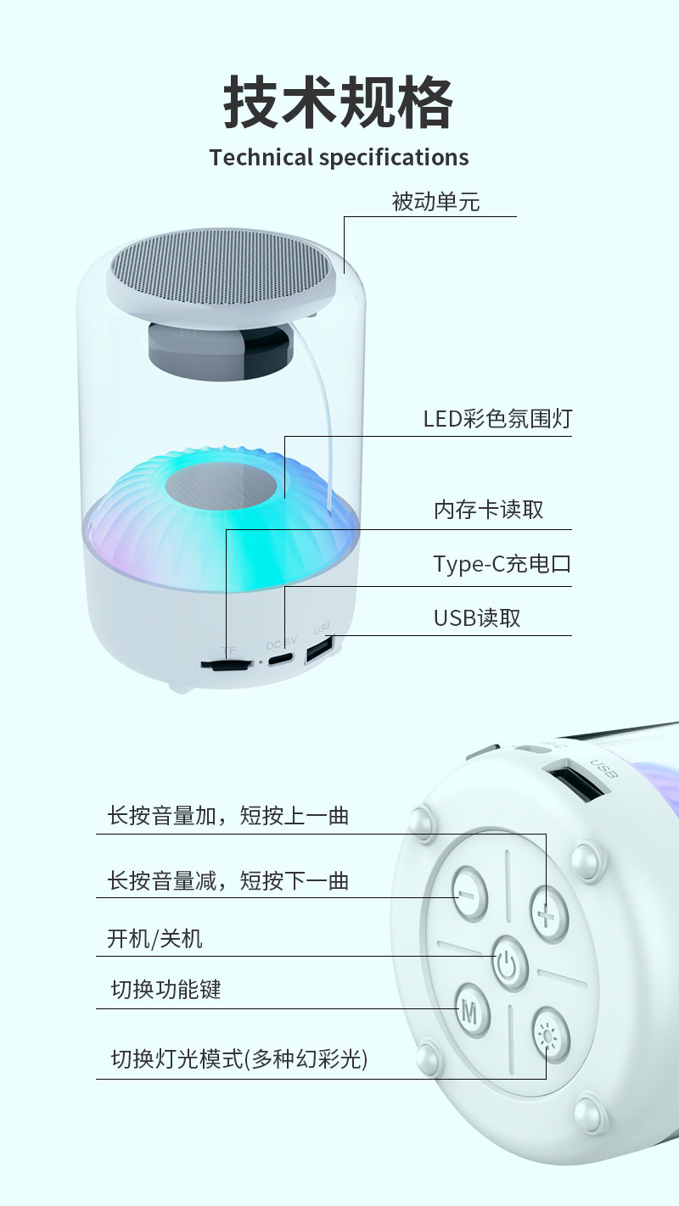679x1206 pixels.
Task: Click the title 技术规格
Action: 339,103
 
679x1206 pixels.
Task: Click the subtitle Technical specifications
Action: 339,158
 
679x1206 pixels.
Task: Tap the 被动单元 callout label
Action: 435,202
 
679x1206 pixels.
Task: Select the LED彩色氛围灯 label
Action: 497,419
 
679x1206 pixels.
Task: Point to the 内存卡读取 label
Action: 488,510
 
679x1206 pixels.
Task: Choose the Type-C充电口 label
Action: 502,564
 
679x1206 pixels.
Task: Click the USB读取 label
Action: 477,618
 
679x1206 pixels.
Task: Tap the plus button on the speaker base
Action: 548,914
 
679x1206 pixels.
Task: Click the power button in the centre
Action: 507,963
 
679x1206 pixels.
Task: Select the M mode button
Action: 471,1009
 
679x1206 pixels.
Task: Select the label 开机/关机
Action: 154,939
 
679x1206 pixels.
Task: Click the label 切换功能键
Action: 166,989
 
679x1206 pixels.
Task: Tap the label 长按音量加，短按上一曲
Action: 228,816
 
